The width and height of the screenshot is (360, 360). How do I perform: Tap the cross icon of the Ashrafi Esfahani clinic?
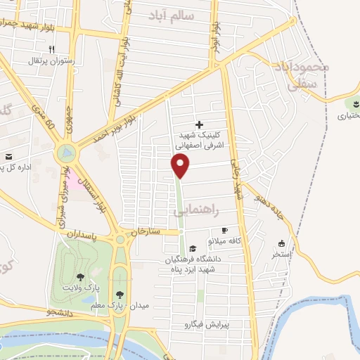(x=199, y=124)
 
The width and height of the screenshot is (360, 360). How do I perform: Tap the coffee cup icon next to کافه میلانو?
(x=224, y=230)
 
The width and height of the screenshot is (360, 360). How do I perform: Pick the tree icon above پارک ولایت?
(x=79, y=276)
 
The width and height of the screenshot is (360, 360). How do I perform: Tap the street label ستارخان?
(x=150, y=231)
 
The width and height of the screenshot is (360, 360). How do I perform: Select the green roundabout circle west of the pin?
(x=67, y=151)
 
